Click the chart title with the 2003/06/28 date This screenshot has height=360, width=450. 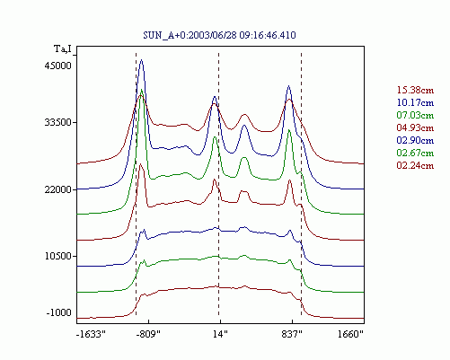219,35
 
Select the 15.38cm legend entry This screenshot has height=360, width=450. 415,90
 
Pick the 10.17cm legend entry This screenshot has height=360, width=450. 415,102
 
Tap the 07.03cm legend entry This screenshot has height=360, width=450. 415,115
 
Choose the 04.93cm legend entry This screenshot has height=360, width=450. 415,127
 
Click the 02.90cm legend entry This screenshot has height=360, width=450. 415,140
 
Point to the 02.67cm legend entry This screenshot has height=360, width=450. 415,153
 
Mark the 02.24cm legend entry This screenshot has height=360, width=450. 415,165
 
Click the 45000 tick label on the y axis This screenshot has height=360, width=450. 58,66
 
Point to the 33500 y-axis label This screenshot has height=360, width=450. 58,122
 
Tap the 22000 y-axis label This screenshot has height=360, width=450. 58,189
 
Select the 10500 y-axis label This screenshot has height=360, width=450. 58,256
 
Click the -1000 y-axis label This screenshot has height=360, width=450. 59,312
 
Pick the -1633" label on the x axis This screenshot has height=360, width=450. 92,334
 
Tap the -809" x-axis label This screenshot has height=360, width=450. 148,334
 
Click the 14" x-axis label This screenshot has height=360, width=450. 220,334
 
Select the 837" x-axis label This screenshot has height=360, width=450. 292,334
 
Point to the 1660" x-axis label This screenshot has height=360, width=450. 350,334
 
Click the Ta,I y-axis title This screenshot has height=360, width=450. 63,48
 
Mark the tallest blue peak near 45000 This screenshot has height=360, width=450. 142,60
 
